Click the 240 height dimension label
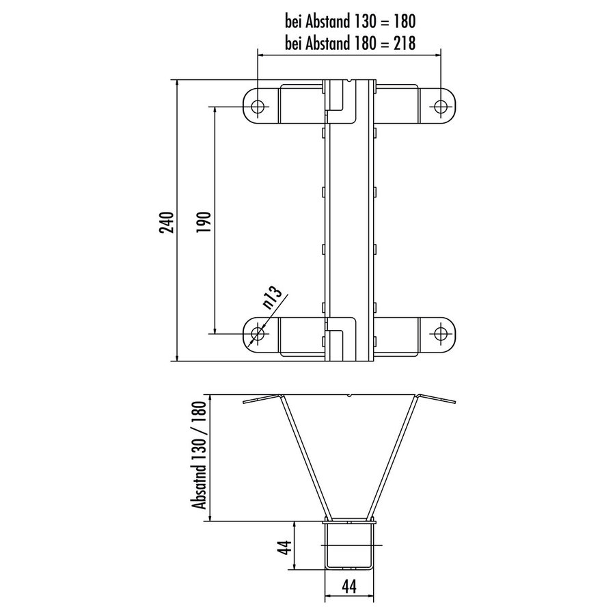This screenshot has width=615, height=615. coord(167,221)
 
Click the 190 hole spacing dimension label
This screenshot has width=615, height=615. coord(204,221)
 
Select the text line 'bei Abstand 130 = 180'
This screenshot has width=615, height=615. coord(350,20)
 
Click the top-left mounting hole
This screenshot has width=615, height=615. coord(259,107)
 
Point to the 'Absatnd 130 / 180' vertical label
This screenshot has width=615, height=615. coord(200,456)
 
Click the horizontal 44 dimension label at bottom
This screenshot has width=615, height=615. coord(349,586)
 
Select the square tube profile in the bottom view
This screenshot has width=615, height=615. coord(350,545)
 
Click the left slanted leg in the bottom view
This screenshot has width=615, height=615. coord(303,458)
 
